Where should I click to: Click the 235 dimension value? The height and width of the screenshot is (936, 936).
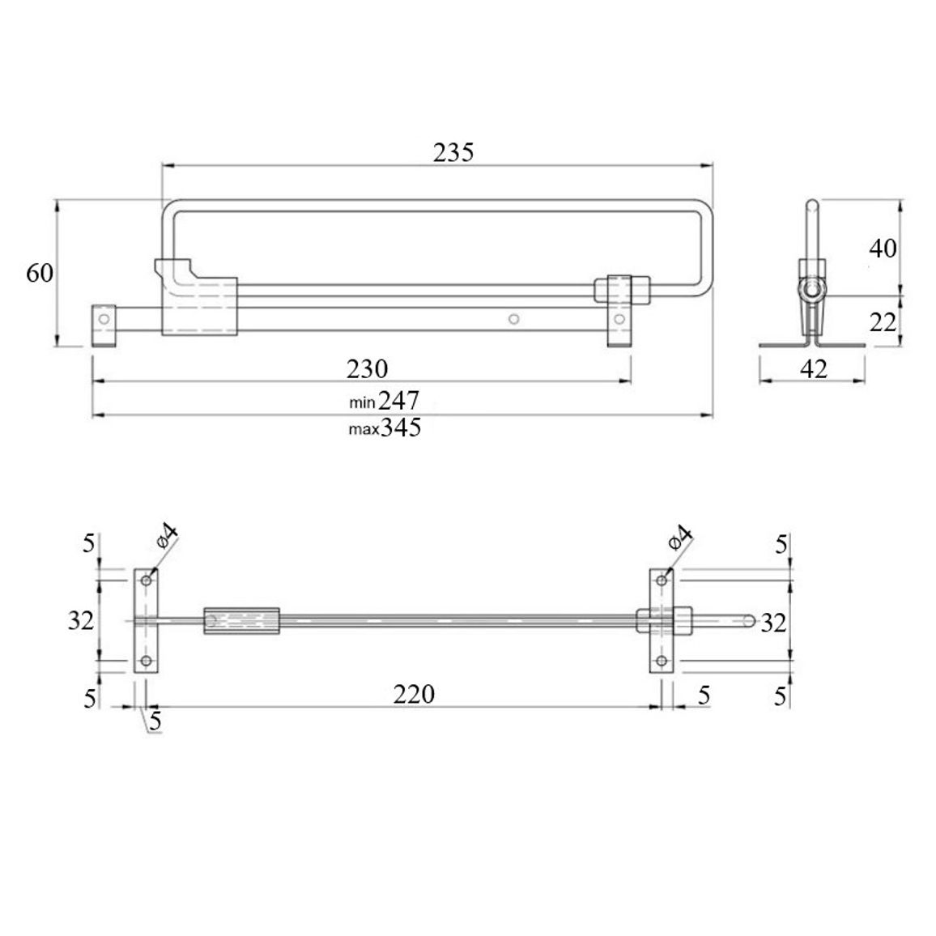(x=453, y=153)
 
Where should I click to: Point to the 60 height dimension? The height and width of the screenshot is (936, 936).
(x=40, y=273)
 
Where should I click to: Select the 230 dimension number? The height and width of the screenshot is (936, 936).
(x=367, y=369)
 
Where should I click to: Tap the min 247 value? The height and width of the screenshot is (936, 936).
(x=385, y=400)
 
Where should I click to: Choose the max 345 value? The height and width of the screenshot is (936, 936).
(x=385, y=428)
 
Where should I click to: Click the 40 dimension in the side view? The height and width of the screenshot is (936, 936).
(x=883, y=248)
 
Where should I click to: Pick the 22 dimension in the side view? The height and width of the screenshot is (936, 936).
(x=883, y=322)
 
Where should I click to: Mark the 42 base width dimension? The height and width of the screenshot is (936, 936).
(x=814, y=369)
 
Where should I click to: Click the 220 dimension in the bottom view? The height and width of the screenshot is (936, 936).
(x=415, y=694)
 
